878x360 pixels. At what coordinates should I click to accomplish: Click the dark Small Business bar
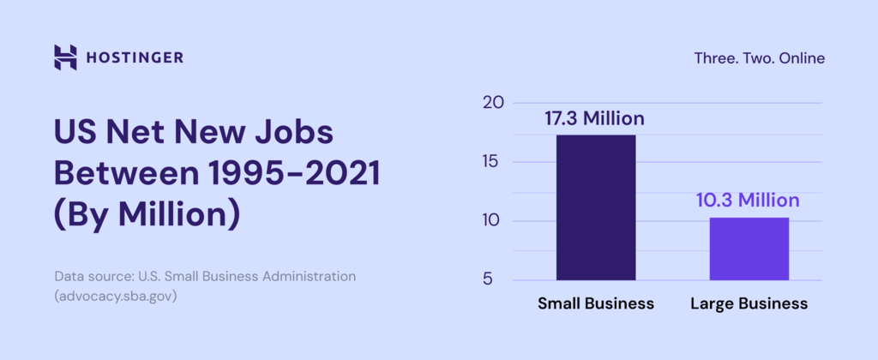[596, 207]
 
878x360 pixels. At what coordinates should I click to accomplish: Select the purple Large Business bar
[749, 249]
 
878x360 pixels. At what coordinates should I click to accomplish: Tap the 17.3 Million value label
[594, 118]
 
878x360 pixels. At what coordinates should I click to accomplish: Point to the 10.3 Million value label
[747, 201]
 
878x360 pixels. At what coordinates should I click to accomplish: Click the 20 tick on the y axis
[492, 103]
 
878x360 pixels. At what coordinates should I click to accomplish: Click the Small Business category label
[596, 303]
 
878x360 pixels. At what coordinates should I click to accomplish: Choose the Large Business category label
[749, 303]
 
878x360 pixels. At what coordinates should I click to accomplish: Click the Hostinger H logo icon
[65, 57]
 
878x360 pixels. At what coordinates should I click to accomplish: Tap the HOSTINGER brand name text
[135, 58]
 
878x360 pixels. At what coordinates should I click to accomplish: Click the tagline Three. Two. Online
[759, 58]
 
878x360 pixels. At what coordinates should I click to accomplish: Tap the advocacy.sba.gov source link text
[116, 296]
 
